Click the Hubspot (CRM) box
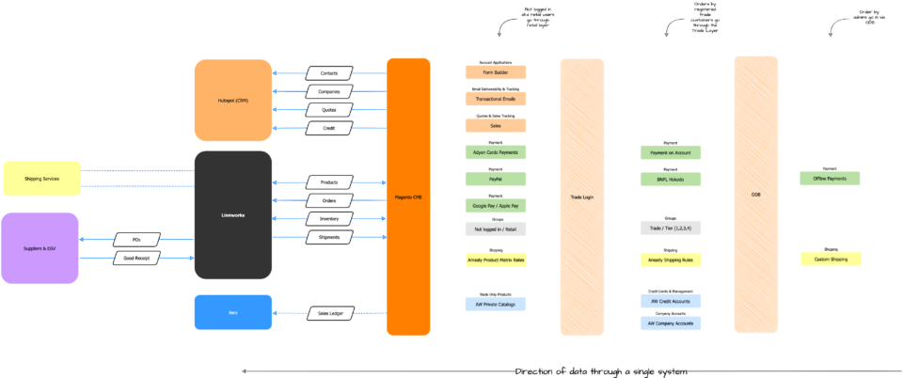coord(232,100)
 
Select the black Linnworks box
coord(232,215)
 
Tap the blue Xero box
coord(232,312)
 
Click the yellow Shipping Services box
coord(41,179)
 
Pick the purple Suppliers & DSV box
coord(40,248)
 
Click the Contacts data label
coord(329,73)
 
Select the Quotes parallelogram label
coord(329,110)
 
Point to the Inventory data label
coord(329,219)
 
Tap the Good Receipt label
coord(137,258)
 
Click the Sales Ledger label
coord(330,313)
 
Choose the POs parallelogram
coord(137,240)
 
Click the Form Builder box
coord(495,72)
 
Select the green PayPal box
coord(495,179)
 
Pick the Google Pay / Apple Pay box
coord(495,206)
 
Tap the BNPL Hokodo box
coord(670,180)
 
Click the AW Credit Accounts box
coord(670,302)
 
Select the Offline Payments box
coord(830,179)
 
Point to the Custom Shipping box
coord(831,259)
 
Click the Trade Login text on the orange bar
coord(582,197)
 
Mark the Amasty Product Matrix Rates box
coord(495,260)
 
